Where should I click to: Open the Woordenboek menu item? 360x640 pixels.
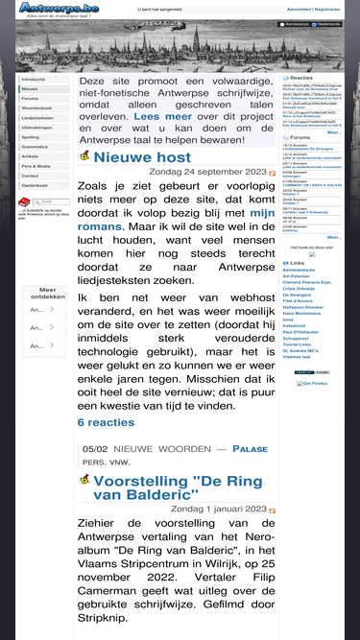point(37,108)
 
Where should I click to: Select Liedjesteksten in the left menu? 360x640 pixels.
point(37,118)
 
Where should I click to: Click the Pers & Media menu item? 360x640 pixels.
point(36,166)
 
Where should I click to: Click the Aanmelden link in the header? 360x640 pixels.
point(299,9)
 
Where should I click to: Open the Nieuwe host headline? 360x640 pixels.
point(142,157)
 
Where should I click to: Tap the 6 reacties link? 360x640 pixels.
point(106,421)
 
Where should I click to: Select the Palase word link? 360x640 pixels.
point(250,448)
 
